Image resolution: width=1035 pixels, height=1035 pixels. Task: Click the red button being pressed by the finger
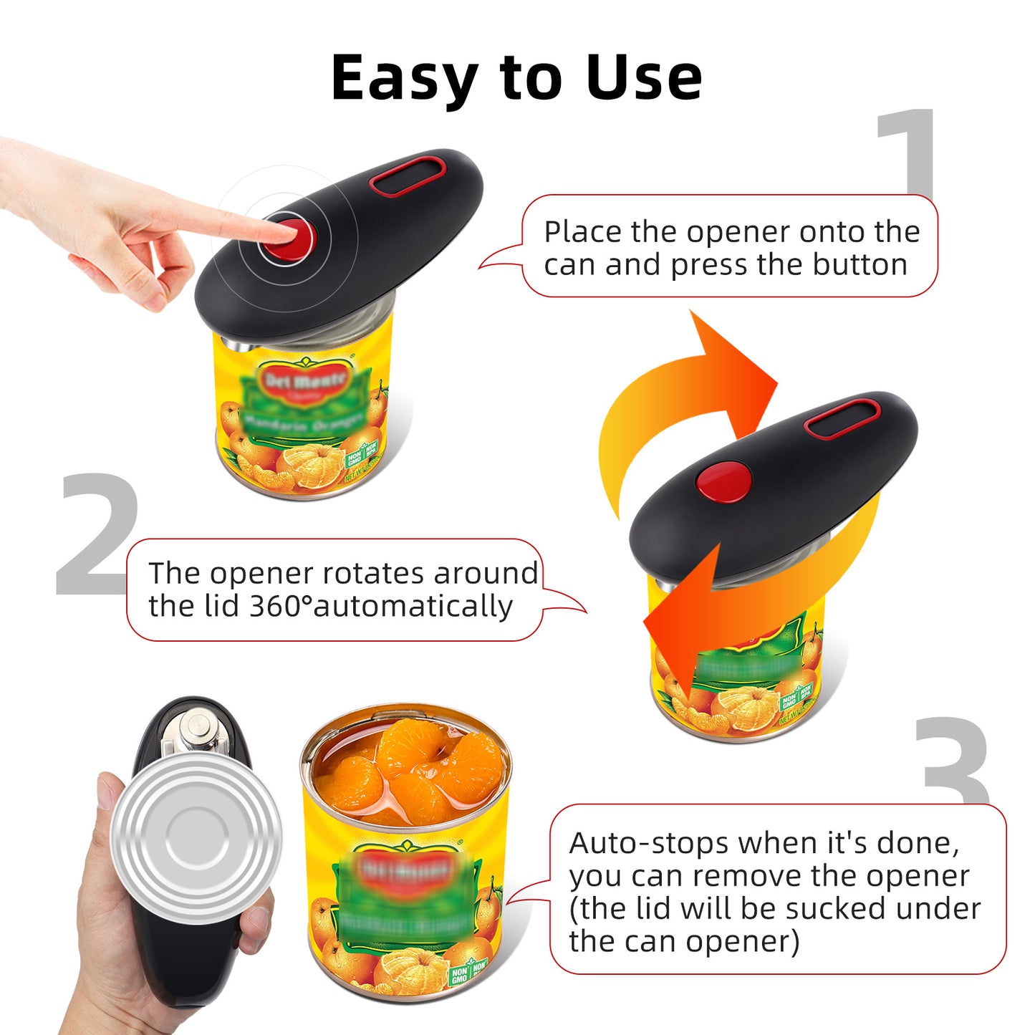click(x=289, y=237)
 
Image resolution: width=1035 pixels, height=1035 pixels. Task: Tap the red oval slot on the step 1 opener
click(x=407, y=176)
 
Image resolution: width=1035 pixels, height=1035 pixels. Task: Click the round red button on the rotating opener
click(x=723, y=481)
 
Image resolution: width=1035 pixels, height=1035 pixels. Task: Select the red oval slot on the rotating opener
click(x=842, y=419)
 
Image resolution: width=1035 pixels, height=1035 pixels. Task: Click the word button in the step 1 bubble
click(x=860, y=264)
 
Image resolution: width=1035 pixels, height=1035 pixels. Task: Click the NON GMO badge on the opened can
click(x=459, y=976)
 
